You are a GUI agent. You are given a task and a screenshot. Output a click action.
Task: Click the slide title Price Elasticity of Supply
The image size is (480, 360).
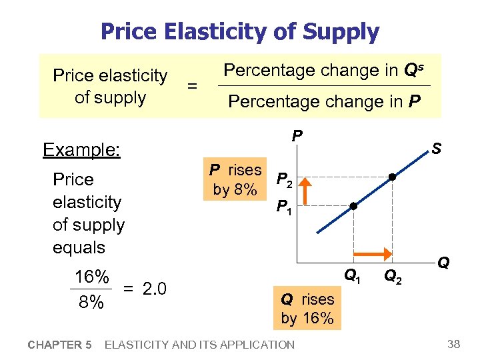point(239,31)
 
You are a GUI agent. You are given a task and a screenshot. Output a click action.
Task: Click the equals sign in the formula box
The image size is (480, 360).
point(192,86)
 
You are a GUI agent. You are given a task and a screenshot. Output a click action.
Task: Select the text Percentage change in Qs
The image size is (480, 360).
point(325,70)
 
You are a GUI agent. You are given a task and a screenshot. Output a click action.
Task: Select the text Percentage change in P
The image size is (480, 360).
point(325,102)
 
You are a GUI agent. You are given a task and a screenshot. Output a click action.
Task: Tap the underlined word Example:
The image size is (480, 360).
point(81,150)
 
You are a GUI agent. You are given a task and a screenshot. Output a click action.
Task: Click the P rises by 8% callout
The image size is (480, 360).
point(235,179)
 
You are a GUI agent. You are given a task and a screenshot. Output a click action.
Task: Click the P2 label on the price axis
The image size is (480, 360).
point(284,179)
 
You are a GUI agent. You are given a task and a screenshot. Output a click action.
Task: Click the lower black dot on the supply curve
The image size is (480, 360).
point(353,207)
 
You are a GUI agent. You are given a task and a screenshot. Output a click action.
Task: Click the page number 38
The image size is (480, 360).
point(454,344)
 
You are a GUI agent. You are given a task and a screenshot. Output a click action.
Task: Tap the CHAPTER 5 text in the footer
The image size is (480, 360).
point(59,345)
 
